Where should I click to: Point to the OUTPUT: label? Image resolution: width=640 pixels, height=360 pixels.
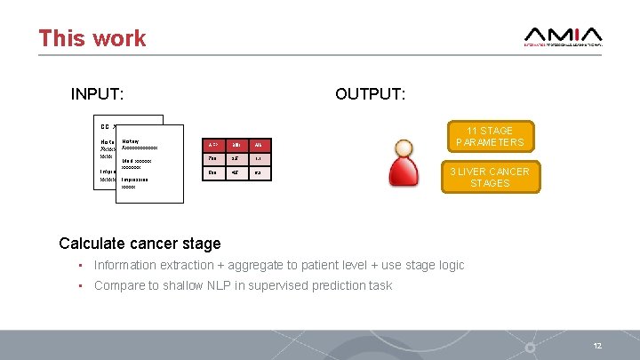(x=370, y=94)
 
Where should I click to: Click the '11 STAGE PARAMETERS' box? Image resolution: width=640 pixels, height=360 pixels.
(x=490, y=136)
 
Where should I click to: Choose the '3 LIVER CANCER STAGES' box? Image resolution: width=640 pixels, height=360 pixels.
(x=490, y=177)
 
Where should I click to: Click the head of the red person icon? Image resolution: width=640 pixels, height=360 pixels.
(x=404, y=148)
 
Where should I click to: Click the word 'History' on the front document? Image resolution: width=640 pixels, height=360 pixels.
(x=131, y=140)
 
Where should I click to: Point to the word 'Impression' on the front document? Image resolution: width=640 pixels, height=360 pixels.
(x=135, y=180)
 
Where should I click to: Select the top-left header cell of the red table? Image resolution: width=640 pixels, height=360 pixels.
(x=212, y=144)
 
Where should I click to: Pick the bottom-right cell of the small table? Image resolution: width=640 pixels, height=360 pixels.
(x=257, y=173)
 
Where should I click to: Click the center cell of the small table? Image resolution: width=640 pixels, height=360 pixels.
(x=236, y=158)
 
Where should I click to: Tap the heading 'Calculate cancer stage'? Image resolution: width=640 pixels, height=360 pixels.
(x=140, y=243)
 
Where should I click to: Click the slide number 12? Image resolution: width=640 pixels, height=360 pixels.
(x=597, y=345)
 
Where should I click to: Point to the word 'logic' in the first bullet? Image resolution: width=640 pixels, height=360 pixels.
(x=449, y=265)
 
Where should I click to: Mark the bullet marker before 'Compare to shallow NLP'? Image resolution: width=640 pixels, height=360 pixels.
(x=80, y=285)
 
